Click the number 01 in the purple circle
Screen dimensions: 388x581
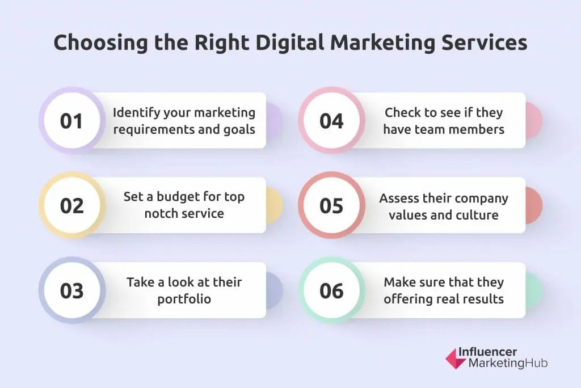pyautogui.click(x=71, y=121)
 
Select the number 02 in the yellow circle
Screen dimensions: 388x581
pyautogui.click(x=71, y=205)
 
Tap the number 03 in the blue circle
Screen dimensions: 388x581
pyautogui.click(x=71, y=290)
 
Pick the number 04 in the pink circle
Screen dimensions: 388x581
pyautogui.click(x=331, y=121)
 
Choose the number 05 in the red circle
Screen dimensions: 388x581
pyautogui.click(x=331, y=205)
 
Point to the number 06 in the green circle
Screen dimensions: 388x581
pyautogui.click(x=331, y=290)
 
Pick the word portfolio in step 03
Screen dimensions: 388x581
pyautogui.click(x=184, y=298)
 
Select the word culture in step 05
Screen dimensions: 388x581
pyautogui.click(x=477, y=214)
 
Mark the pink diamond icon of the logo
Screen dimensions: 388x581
pyautogui.click(x=454, y=359)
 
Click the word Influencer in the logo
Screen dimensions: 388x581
pyautogui.click(x=493, y=352)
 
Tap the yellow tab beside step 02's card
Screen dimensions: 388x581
pyautogui.click(x=274, y=205)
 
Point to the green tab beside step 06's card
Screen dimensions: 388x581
pyautogui.click(x=534, y=290)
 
